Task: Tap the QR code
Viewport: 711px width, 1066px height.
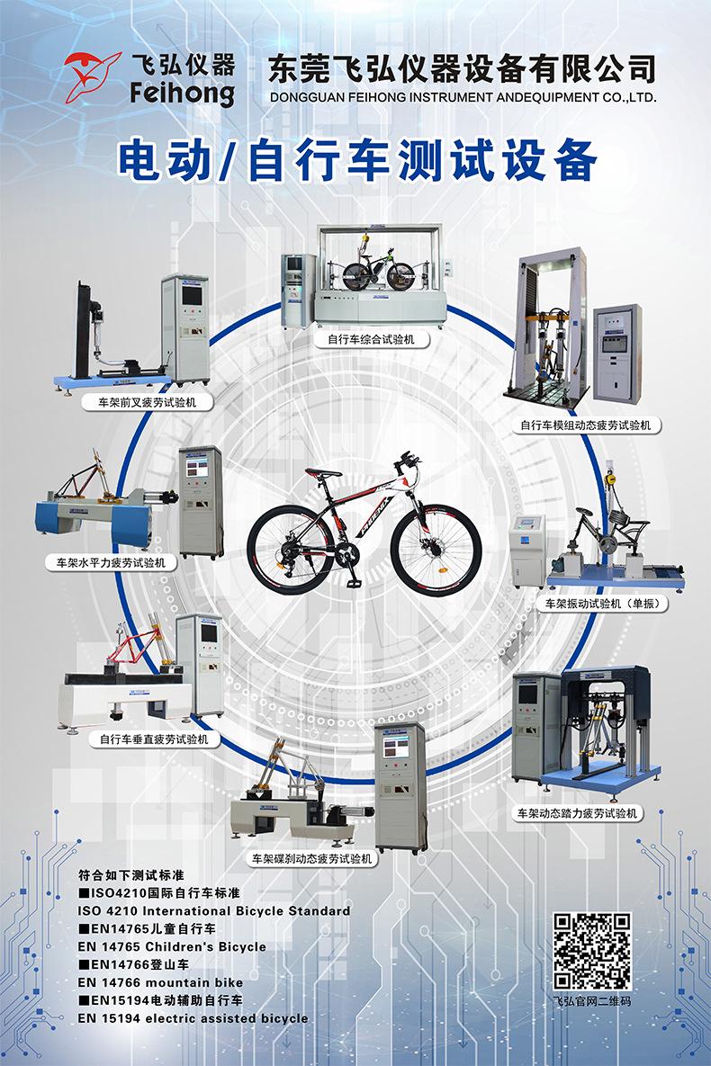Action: pyautogui.click(x=591, y=951)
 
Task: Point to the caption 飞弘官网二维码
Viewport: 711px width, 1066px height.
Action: pyautogui.click(x=591, y=1000)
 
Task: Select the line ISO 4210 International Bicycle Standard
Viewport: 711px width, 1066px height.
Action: pyautogui.click(x=214, y=910)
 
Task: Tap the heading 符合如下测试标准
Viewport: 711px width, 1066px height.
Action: pyautogui.click(x=125, y=874)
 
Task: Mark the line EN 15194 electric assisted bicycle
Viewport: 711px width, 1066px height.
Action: pyautogui.click(x=193, y=1018)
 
